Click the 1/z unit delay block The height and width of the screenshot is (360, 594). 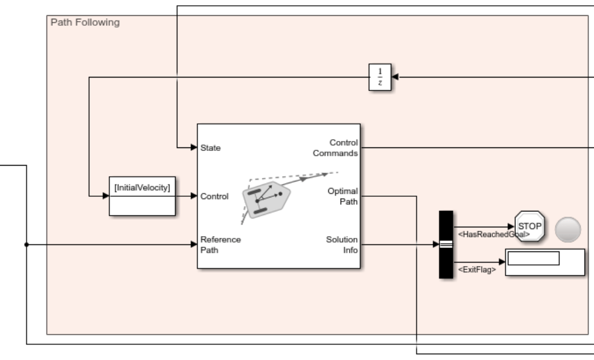380,77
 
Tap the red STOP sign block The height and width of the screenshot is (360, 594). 529,226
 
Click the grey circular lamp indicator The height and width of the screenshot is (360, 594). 568,229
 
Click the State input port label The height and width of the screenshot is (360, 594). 211,147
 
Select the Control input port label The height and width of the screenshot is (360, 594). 214,196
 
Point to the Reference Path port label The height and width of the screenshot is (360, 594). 221,244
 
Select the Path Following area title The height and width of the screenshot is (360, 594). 77,22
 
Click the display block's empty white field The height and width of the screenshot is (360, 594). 533,258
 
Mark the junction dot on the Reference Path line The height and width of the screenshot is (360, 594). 26,244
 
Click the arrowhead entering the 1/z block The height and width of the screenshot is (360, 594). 395,77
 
